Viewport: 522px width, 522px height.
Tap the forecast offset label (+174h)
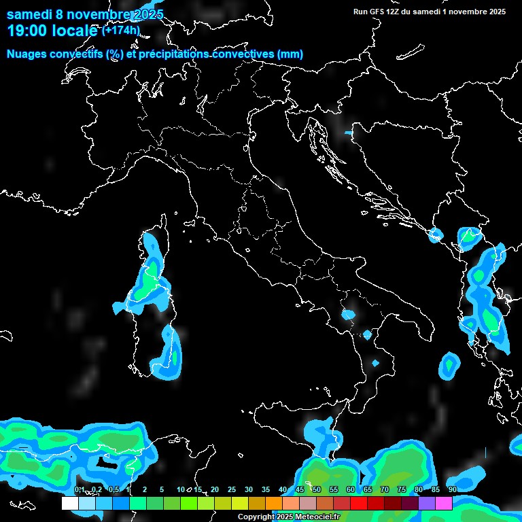[x=121, y=30]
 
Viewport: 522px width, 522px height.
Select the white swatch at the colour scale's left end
[x=69, y=503]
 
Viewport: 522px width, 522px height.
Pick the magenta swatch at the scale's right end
[x=444, y=503]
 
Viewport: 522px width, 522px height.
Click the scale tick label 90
[x=452, y=490]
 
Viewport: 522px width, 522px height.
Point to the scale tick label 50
[x=316, y=490]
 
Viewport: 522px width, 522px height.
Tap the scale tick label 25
[x=231, y=490]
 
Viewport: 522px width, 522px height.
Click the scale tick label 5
[x=162, y=490]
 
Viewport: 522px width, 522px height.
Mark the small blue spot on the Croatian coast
[x=349, y=133]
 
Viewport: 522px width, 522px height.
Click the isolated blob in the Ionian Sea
[x=449, y=365]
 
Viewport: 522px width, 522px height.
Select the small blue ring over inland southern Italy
[x=349, y=315]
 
